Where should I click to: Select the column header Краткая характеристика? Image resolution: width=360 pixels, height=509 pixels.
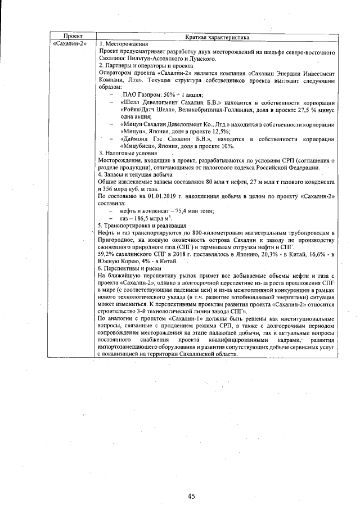[217, 37]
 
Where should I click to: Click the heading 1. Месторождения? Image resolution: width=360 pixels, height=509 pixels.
[124, 44]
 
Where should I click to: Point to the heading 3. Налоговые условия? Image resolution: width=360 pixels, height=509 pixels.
[128, 153]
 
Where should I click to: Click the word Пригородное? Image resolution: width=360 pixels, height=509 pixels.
[118, 240]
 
